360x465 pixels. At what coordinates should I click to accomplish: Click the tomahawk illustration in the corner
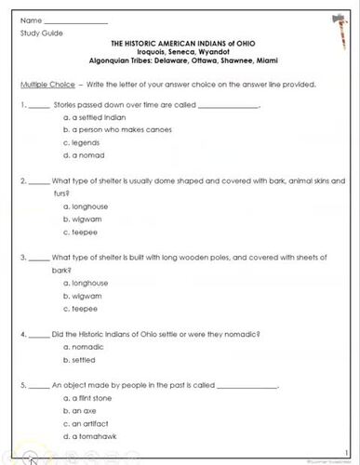point(329,32)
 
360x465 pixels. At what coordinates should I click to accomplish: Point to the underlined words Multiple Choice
point(48,84)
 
